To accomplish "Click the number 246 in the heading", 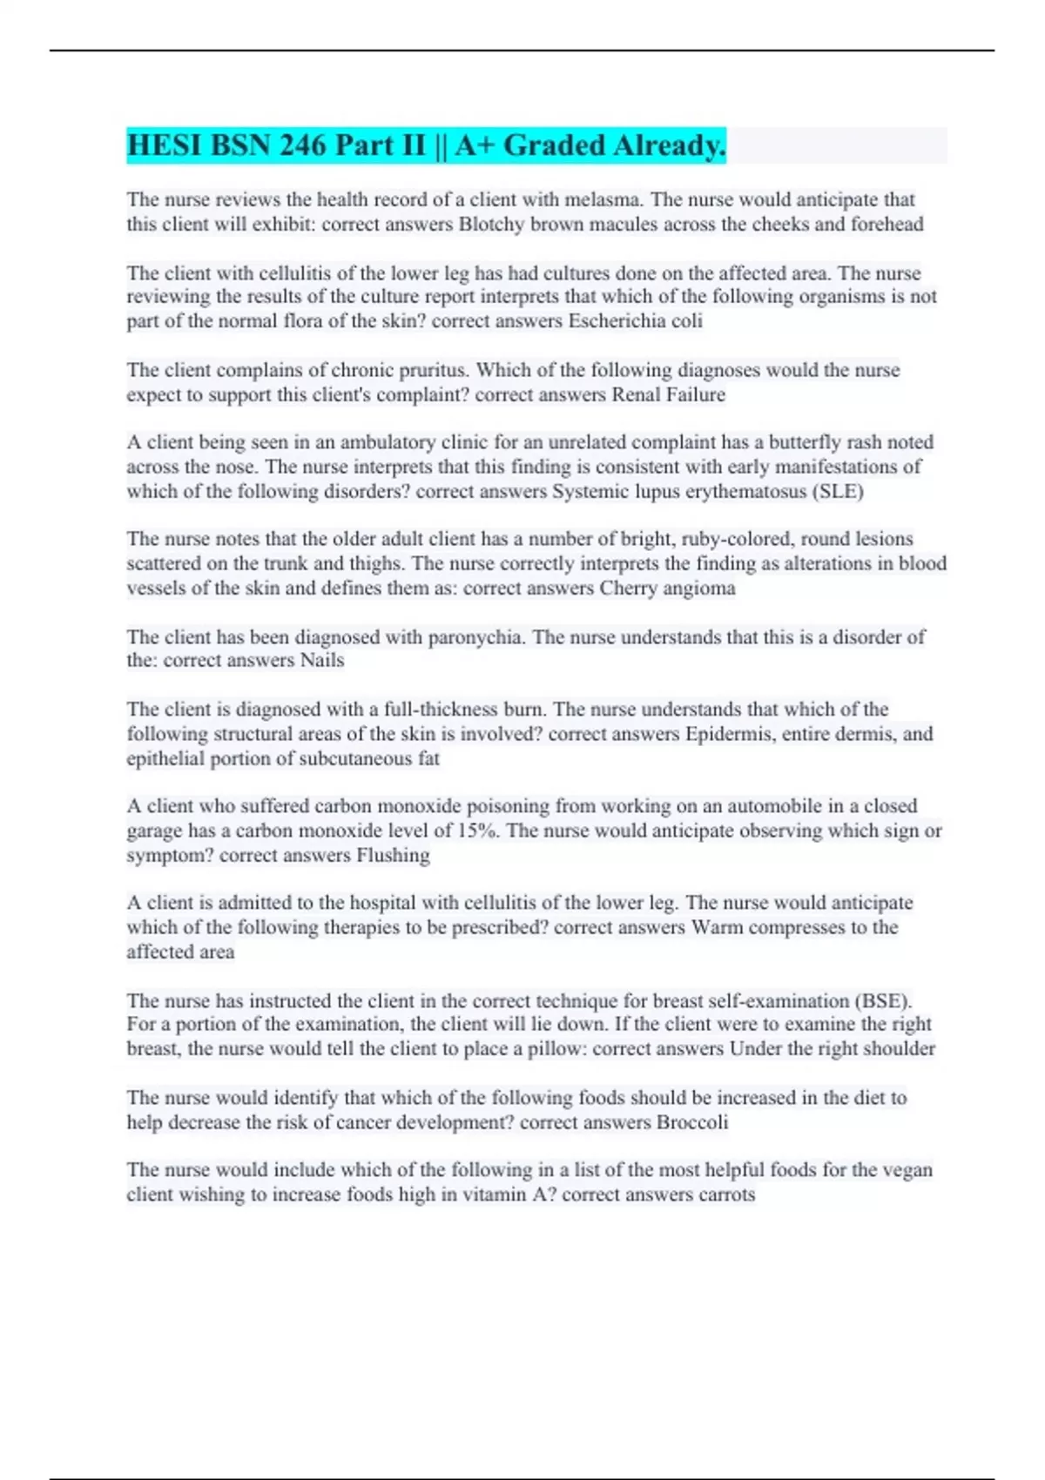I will [x=303, y=145].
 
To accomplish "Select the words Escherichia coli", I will [x=635, y=321].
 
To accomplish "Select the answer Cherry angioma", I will [x=667, y=588].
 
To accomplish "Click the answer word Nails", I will [x=322, y=660].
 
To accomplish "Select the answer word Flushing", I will [x=393, y=855].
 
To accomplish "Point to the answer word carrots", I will [x=726, y=1194].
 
